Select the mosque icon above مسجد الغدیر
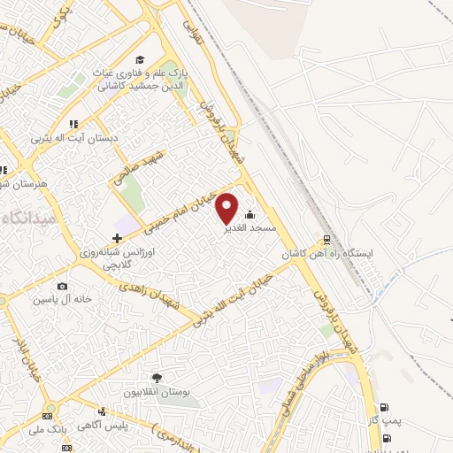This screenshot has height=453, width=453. [x=250, y=213]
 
